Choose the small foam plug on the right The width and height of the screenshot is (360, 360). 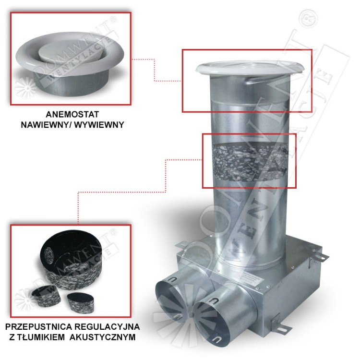[80, 301]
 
